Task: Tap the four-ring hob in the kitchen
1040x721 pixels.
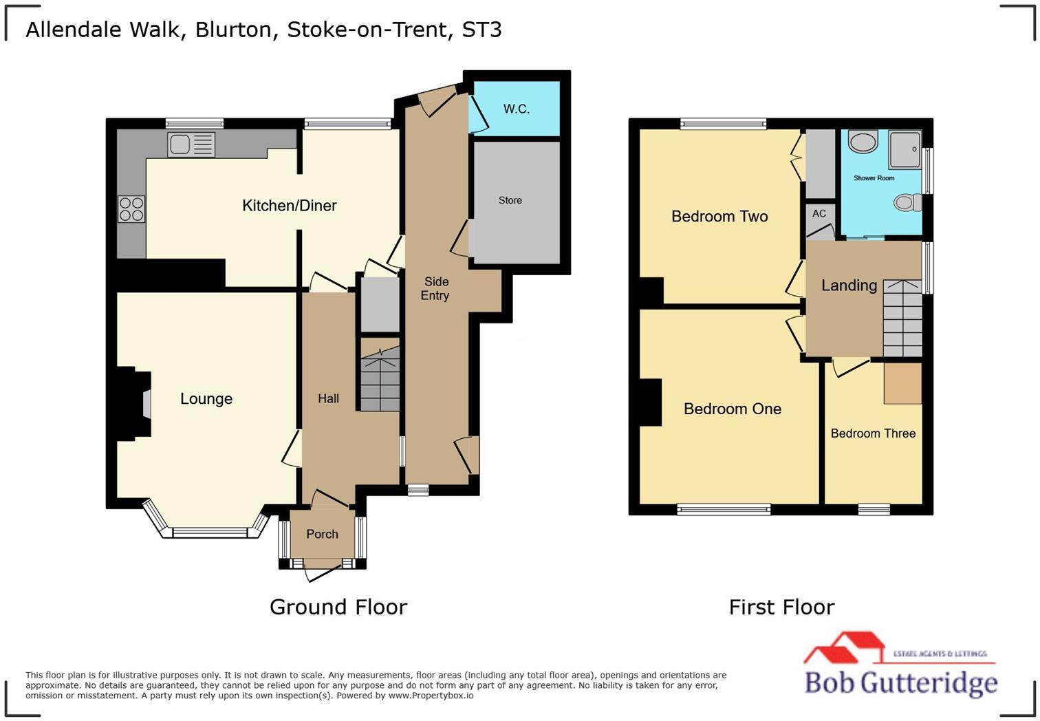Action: tap(131, 209)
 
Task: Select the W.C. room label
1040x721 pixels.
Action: tap(516, 109)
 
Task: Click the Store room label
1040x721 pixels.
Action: tap(510, 200)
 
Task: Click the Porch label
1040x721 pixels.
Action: tap(322, 534)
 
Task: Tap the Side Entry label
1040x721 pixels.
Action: tap(435, 288)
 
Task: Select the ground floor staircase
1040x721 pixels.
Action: tap(380, 379)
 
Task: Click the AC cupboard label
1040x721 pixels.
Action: tap(819, 213)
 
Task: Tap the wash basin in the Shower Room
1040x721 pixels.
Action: tap(863, 142)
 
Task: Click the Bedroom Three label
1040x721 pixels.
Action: tap(873, 433)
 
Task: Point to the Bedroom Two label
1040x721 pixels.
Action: tap(719, 216)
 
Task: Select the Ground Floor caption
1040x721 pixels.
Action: tap(338, 607)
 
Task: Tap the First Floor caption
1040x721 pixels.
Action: tap(781, 607)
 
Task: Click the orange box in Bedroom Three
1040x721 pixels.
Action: tap(902, 383)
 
